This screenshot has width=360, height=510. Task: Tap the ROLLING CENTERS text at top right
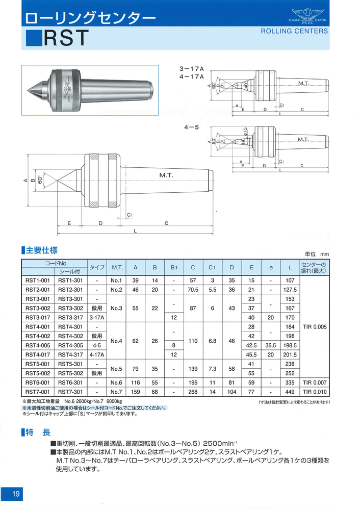click(294, 31)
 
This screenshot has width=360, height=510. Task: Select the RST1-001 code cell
click(38, 280)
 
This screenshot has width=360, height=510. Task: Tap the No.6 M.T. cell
click(117, 382)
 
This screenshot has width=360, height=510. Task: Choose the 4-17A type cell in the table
click(97, 354)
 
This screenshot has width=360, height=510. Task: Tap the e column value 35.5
click(271, 345)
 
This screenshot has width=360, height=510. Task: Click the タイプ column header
click(97, 267)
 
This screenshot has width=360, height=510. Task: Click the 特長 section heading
click(39, 432)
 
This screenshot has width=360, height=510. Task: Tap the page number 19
click(16, 494)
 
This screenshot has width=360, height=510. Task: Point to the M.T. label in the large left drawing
click(166, 175)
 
